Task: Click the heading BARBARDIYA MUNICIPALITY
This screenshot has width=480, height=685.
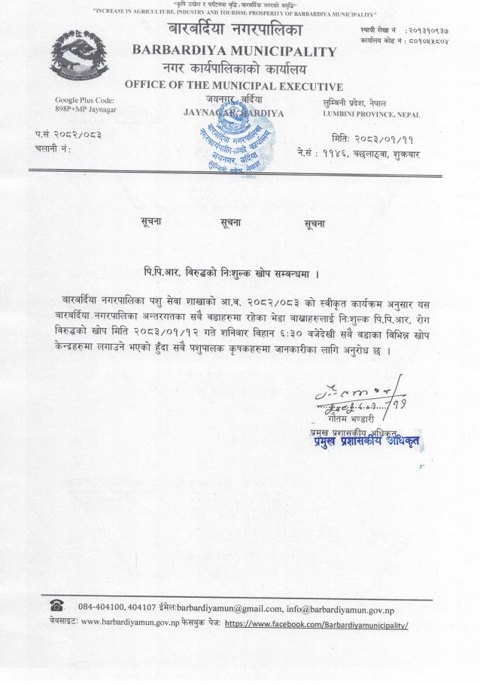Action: coord(234,52)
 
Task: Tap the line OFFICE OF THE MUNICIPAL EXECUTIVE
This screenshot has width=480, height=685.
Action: coord(233,87)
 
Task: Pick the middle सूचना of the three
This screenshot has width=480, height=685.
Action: coord(233,223)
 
